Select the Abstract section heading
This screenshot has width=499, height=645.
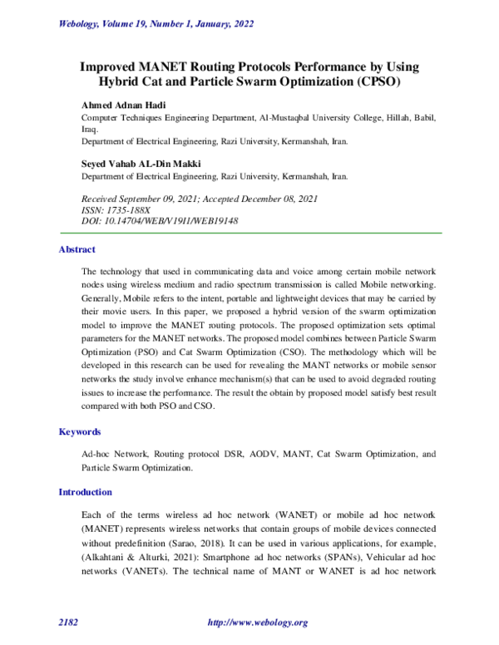[77, 249]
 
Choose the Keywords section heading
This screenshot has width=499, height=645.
[80, 432]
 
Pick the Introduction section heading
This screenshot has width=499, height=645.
[85, 492]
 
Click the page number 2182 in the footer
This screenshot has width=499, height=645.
[68, 623]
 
